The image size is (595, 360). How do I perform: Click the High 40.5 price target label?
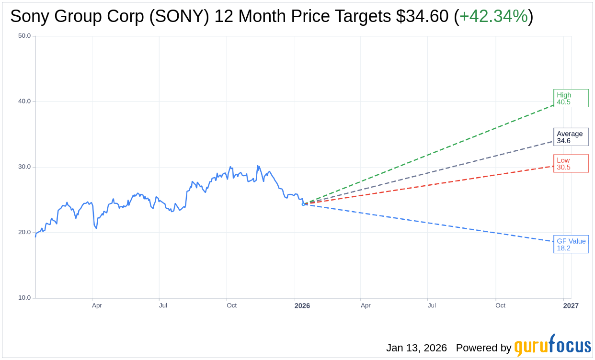tap(571, 98)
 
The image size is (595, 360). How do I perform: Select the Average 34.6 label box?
tap(571, 137)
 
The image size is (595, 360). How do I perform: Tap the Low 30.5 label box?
tap(571, 163)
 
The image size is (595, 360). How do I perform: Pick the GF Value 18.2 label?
tap(571, 244)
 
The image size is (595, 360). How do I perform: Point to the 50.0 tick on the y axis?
tap(24, 36)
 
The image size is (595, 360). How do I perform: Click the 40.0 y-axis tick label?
tap(24, 101)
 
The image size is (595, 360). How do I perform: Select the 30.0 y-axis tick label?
tap(24, 167)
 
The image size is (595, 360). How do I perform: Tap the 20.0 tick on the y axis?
tap(24, 232)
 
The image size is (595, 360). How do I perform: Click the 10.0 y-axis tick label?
tap(24, 298)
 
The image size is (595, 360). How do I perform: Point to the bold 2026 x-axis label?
tap(302, 306)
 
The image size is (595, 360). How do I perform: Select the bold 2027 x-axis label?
tap(571, 306)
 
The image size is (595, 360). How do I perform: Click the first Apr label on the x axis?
tap(97, 305)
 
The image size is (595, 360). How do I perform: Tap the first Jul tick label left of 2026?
tap(163, 305)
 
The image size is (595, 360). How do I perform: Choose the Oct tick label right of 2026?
tap(500, 305)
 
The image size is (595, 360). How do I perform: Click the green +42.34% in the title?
tap(493, 17)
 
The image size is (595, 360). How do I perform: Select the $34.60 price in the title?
tap(422, 17)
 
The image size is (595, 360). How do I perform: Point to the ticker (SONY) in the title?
tap(179, 17)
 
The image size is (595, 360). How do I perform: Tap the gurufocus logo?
tap(552, 346)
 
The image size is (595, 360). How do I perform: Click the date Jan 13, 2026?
tap(416, 348)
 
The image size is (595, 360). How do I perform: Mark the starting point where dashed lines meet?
tap(303, 204)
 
